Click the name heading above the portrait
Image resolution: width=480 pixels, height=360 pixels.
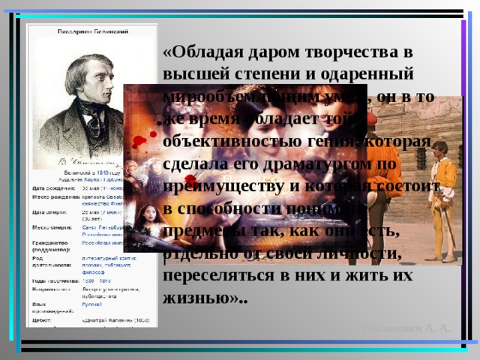pyautogui.click(x=91, y=33)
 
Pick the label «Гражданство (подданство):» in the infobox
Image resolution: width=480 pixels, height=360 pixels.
pyautogui.click(x=51, y=247)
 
